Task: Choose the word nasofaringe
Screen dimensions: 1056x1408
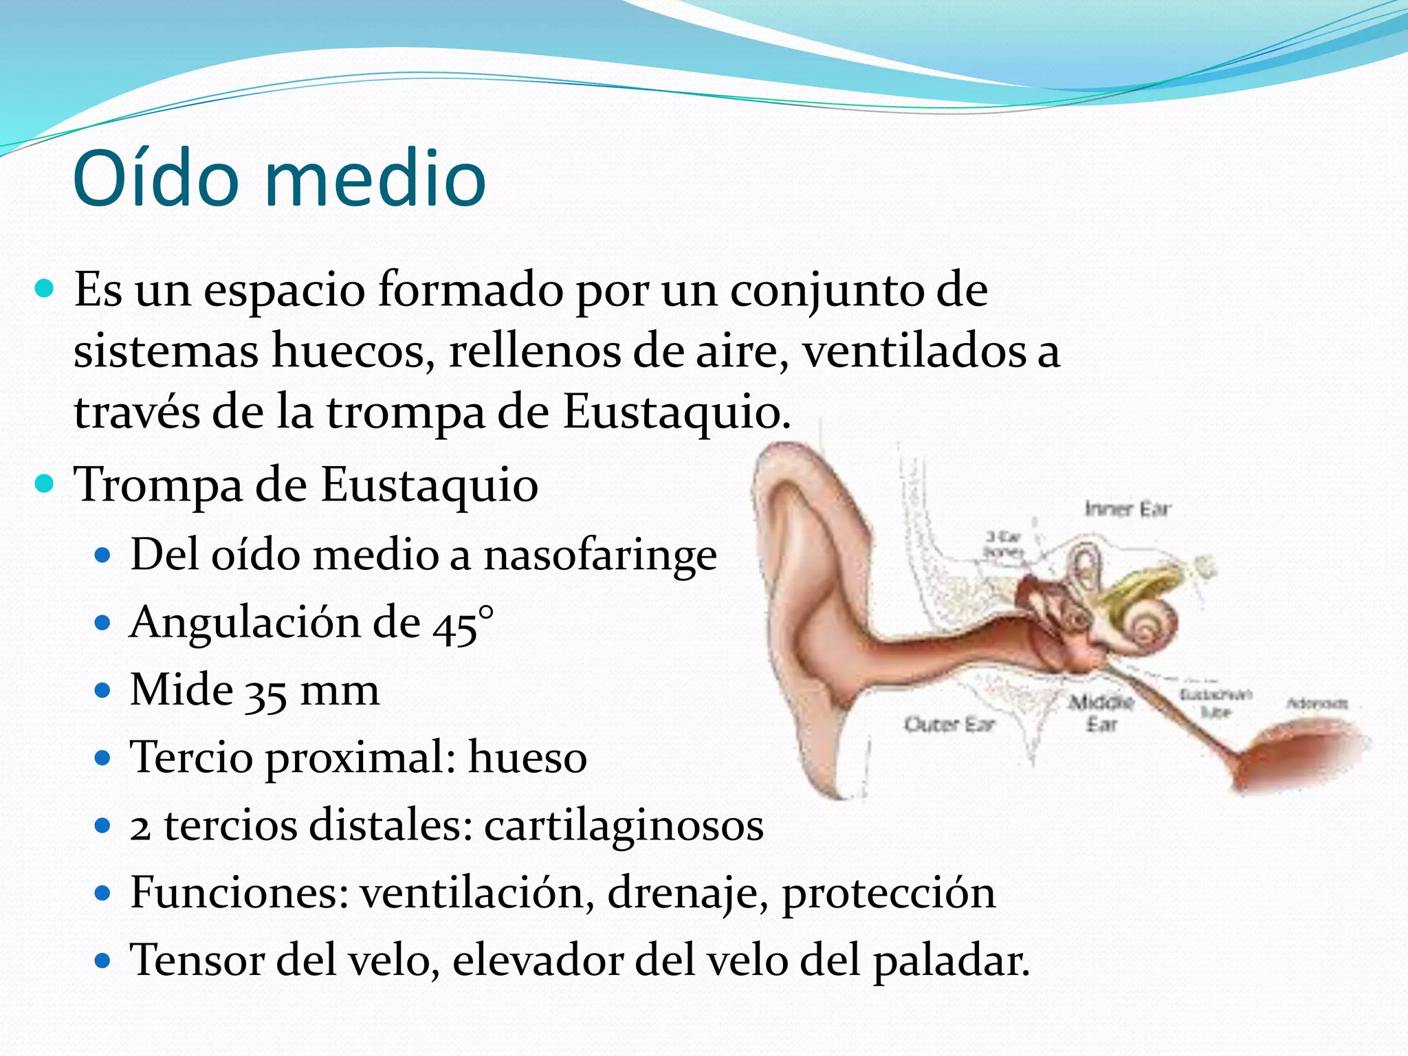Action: tap(600, 555)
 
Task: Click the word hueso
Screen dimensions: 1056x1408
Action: tap(527, 758)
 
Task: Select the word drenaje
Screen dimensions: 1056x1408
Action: tap(687, 894)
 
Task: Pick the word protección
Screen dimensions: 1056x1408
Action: tap(888, 894)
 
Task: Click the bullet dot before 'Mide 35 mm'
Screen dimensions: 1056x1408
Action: tap(102, 691)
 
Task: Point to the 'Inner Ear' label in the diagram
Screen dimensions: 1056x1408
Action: tap(1127, 509)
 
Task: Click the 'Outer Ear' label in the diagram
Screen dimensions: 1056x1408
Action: tap(949, 724)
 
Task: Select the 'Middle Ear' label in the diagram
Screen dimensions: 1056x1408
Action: tap(1101, 713)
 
